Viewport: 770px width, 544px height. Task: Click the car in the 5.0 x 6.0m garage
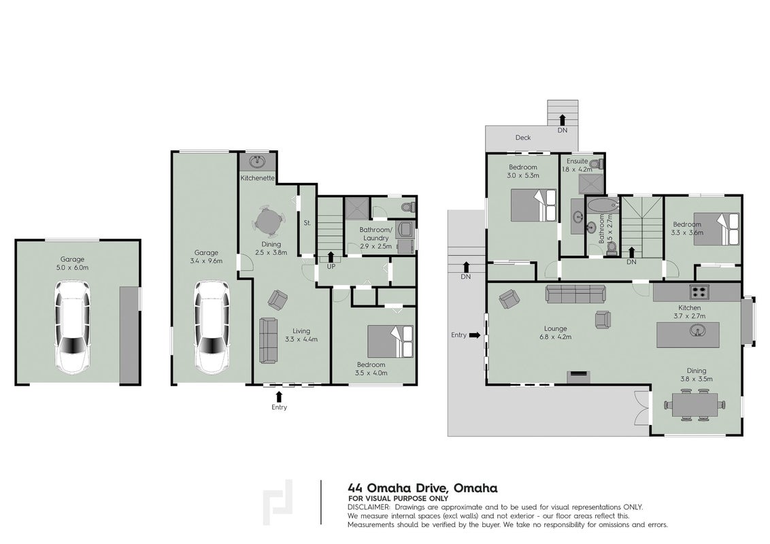(72, 326)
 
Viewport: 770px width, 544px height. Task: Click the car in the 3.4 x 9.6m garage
(212, 326)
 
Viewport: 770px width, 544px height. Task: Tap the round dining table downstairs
(268, 219)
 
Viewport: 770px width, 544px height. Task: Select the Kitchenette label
(257, 177)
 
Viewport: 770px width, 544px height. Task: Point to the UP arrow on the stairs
(331, 256)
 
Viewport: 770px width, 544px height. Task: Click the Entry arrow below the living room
(280, 396)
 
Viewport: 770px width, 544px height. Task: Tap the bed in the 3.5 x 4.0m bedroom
(390, 341)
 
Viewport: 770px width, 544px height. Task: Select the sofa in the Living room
(267, 341)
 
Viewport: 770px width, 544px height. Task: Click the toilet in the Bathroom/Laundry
(407, 207)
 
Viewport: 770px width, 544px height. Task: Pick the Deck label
(523, 137)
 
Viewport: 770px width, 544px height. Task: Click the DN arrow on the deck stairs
(563, 118)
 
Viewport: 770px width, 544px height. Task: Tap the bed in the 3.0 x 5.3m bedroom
(534, 205)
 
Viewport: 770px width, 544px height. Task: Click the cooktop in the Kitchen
(699, 292)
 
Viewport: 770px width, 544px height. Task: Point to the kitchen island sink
(697, 332)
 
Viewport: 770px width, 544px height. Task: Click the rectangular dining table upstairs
(695, 405)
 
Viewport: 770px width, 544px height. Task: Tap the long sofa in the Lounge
(575, 294)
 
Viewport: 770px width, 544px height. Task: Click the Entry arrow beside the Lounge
(474, 335)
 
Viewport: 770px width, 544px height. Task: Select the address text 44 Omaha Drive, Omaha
(422, 488)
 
